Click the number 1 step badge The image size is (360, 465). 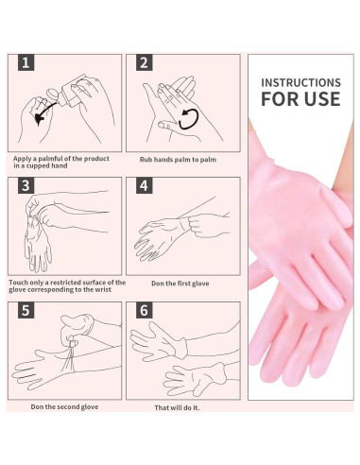[26, 62]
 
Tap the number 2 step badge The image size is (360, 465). [144, 62]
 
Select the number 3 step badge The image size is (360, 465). [26, 185]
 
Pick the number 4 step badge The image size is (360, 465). [144, 185]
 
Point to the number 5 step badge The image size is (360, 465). [26, 310]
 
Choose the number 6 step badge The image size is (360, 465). [144, 310]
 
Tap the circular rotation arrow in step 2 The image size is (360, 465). [188, 119]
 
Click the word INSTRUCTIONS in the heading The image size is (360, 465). [300, 82]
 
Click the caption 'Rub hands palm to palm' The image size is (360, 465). [178, 160]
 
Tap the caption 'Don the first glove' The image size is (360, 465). [180, 284]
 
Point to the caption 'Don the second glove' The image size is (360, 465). [64, 407]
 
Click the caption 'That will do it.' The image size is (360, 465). [177, 407]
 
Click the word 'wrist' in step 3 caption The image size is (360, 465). [102, 289]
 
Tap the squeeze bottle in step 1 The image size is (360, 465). [70, 90]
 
